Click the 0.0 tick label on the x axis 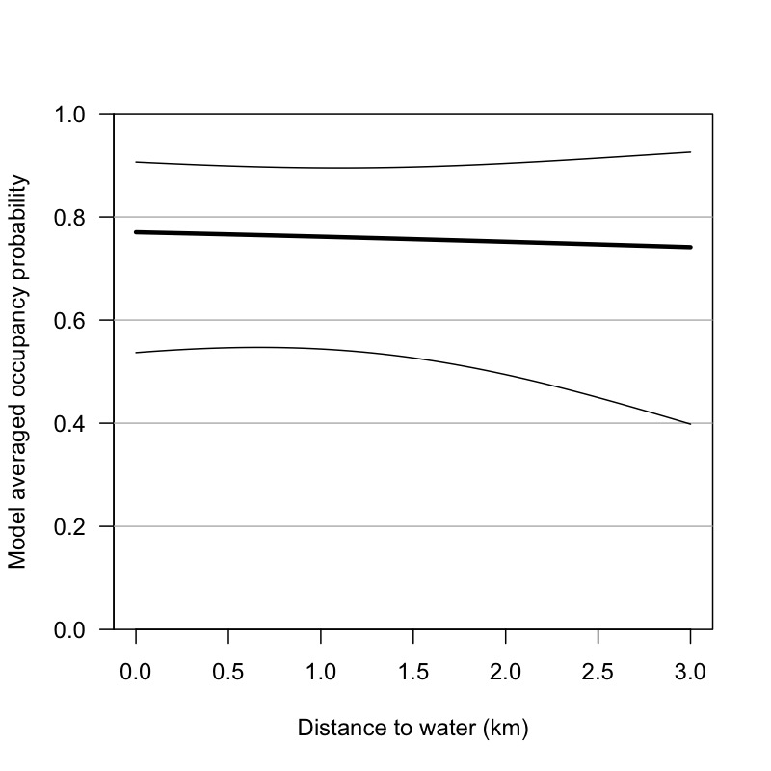(136, 670)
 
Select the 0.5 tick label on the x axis (228, 670)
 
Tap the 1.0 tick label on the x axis (321, 670)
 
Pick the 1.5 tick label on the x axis (413, 670)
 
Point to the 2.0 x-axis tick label (506, 670)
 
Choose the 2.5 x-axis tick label (598, 670)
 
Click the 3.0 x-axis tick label (691, 670)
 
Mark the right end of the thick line (691, 247)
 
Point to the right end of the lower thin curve (691, 424)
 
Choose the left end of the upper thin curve (136, 162)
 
